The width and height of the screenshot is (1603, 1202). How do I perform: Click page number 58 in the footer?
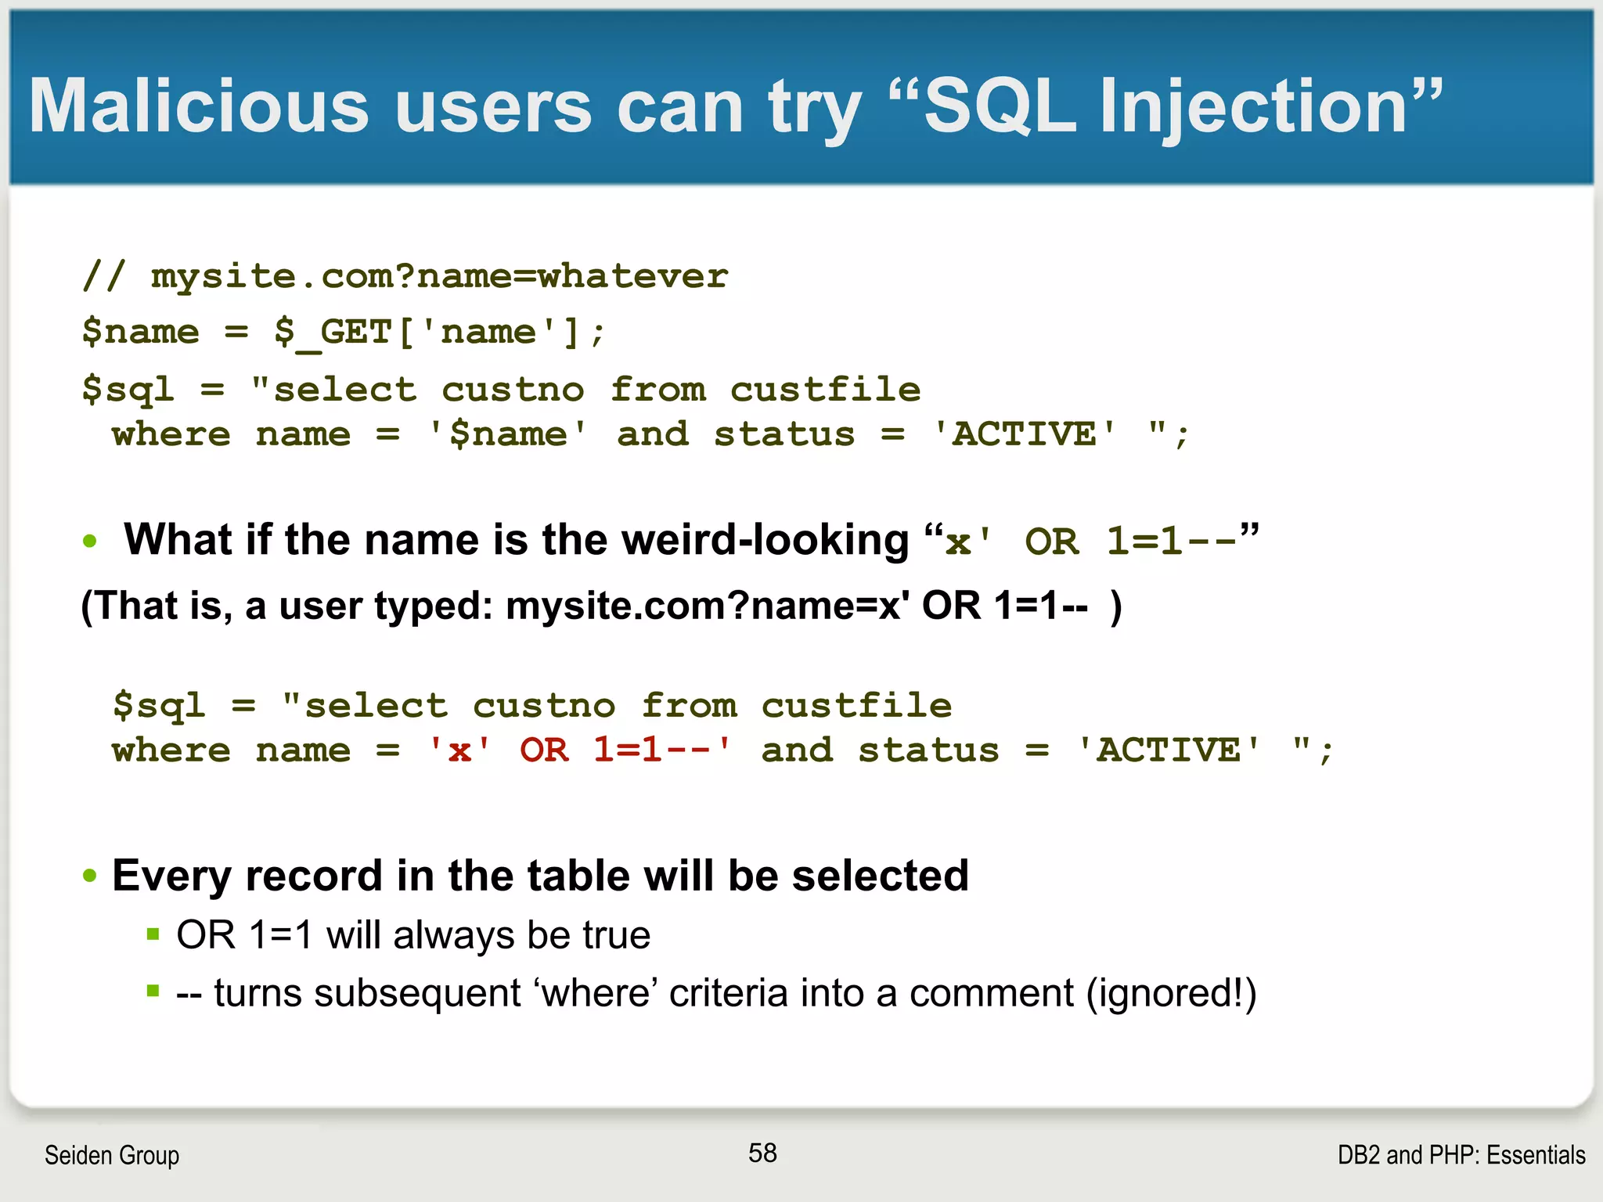762,1153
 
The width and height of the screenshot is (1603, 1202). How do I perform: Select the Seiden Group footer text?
112,1155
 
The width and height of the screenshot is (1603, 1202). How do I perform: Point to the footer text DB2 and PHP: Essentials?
1461,1155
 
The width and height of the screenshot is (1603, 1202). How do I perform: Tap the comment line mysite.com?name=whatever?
438,276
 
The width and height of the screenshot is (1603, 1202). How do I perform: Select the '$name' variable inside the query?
507,434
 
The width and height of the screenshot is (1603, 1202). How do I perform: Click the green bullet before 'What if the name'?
90,541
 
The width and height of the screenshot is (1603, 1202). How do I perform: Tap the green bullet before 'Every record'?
90,876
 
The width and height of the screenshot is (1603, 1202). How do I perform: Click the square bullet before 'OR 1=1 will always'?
153,934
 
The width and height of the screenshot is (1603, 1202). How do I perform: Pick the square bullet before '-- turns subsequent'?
153,991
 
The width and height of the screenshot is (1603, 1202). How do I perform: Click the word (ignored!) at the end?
1171,993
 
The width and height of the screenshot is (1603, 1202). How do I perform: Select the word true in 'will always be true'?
616,935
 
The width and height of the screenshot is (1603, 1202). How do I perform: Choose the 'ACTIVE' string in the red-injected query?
1168,750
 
